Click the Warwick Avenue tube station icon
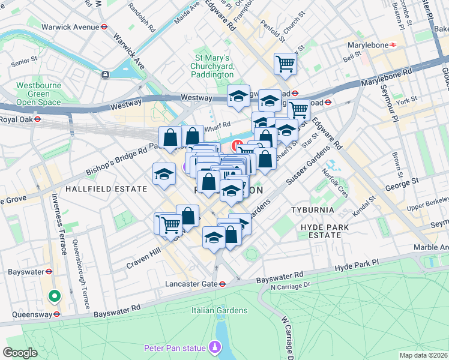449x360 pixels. coord(104,27)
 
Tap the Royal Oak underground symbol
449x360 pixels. coord(37,119)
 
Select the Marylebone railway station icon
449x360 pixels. coord(393,44)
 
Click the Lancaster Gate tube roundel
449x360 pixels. coord(222,284)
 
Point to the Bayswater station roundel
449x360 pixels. coord(50,272)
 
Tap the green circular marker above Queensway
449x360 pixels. coord(54,296)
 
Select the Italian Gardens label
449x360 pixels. coord(219,310)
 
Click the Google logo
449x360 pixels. coord(20,352)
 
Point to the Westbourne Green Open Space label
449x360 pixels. coord(38,94)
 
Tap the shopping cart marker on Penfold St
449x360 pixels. coord(286,64)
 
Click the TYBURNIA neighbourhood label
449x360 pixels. coord(312,210)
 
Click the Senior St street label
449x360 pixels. coord(24,61)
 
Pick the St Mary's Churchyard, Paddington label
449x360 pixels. coord(212,66)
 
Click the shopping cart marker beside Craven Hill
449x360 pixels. coord(171,224)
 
